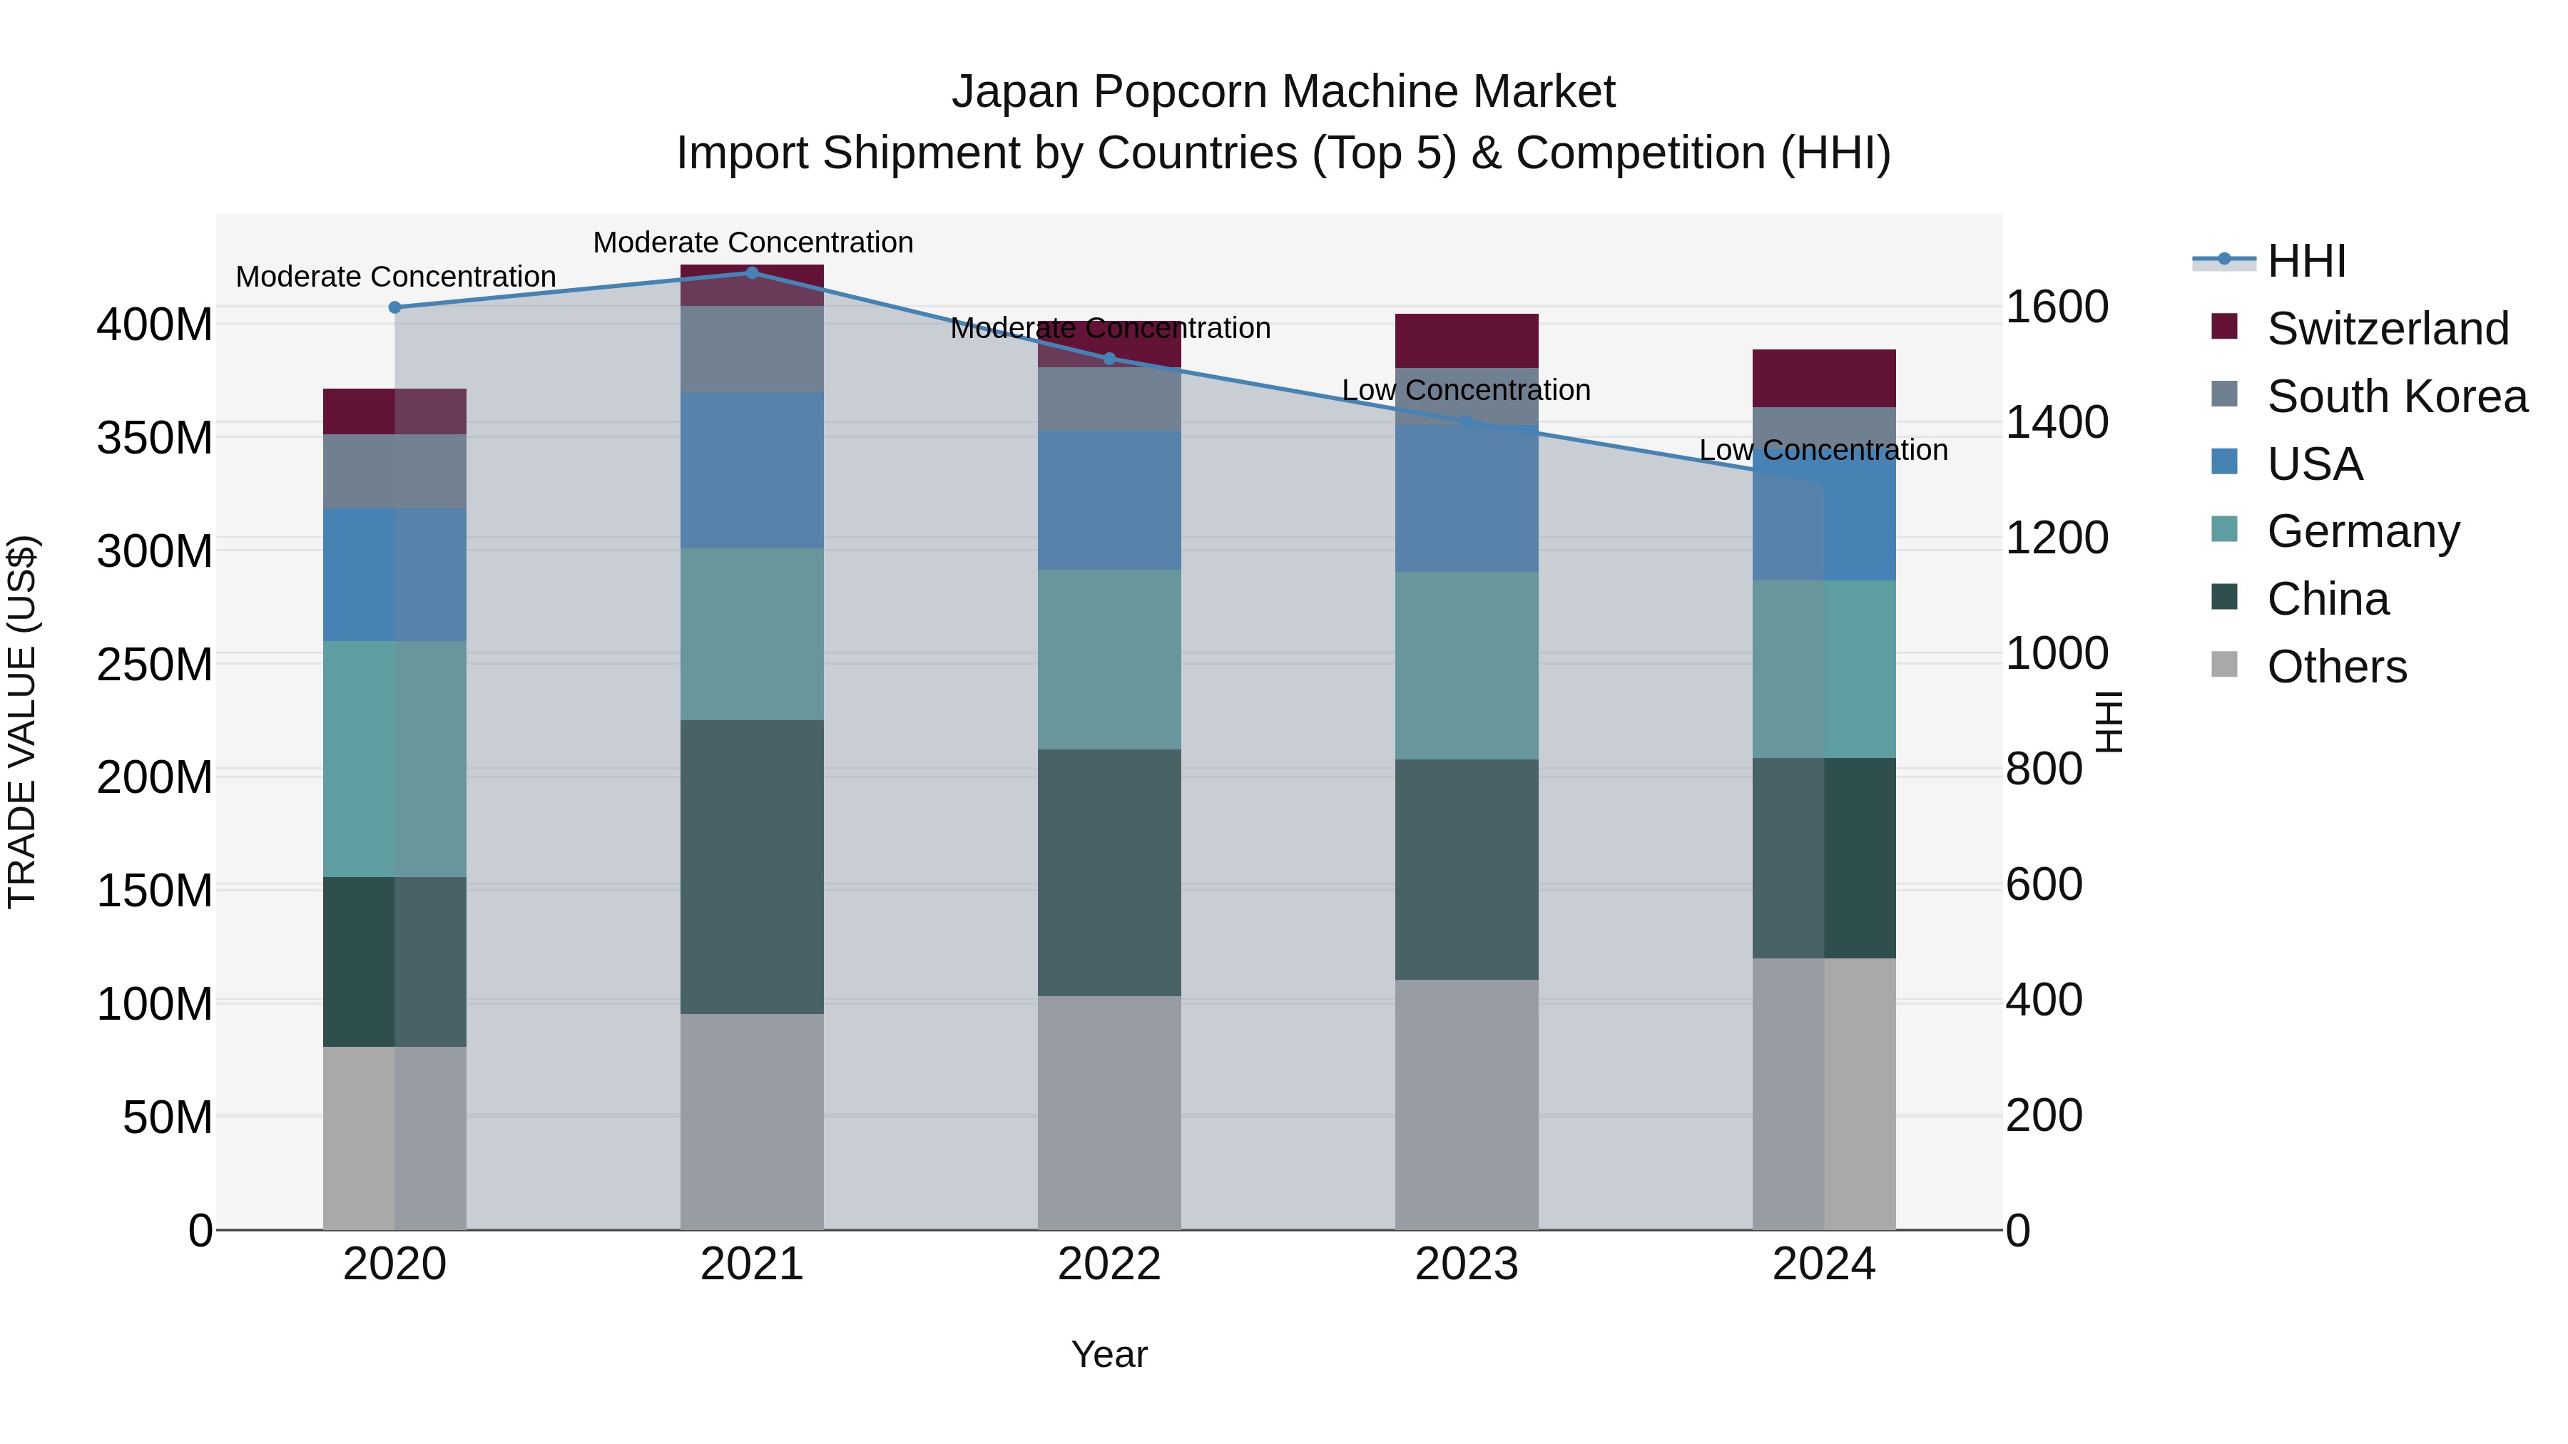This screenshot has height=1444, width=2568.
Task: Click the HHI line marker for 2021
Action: (x=752, y=273)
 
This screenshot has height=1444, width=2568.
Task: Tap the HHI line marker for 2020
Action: (x=394, y=307)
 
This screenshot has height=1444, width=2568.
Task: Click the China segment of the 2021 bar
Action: (x=752, y=867)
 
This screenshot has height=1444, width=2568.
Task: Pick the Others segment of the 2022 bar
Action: (x=1109, y=1112)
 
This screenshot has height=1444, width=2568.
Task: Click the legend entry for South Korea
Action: (x=2397, y=396)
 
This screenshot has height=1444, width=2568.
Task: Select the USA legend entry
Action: (x=2314, y=464)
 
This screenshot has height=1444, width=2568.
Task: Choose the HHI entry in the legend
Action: (x=2305, y=261)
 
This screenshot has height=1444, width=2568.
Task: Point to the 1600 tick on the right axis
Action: (x=2056, y=307)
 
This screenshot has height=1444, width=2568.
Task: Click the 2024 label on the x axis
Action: (x=1823, y=1264)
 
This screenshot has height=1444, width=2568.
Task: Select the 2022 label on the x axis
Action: (x=1109, y=1264)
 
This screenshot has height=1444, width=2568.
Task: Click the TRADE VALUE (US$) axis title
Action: (x=22, y=722)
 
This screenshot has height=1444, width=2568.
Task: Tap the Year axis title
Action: (x=1109, y=1354)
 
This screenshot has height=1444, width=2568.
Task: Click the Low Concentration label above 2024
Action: (x=1823, y=451)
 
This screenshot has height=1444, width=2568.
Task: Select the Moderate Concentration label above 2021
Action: (x=753, y=242)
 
